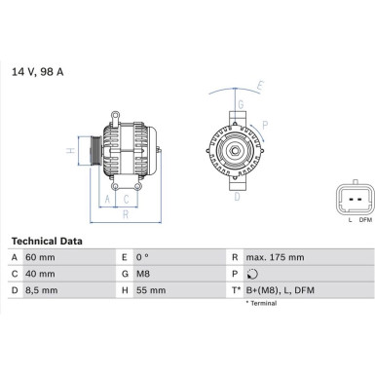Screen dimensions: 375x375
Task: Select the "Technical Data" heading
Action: point(46,240)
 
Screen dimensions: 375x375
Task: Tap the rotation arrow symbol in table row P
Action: point(254,273)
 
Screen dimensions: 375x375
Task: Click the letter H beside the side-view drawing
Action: point(70,151)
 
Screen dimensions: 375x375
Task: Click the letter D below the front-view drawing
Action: point(236,197)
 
